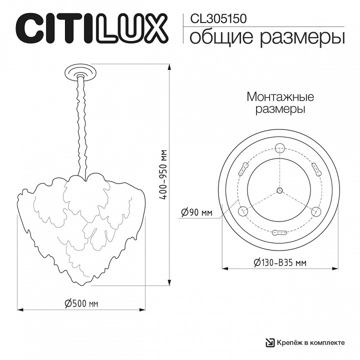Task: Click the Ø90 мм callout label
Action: click(196, 213)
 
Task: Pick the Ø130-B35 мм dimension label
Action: click(279, 262)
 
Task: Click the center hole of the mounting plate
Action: click(279, 190)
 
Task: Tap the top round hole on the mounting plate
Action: click(279, 147)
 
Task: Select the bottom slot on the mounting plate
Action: click(279, 232)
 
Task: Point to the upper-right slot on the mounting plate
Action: click(315, 169)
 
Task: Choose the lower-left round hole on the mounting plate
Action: click(242, 211)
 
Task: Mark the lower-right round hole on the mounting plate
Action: click(315, 211)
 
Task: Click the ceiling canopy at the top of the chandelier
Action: click(79, 71)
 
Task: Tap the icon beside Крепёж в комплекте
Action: click(269, 342)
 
